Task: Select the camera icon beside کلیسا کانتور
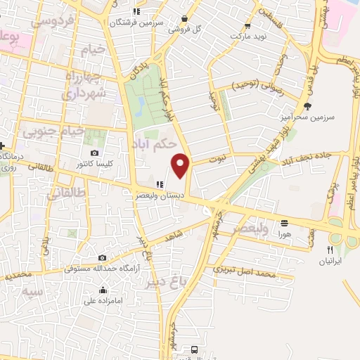[94, 153]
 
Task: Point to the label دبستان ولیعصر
[160, 198]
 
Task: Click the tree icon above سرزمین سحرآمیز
[307, 106]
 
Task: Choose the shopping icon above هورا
[284, 221]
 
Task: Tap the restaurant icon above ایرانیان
[329, 250]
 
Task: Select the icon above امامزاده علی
[103, 290]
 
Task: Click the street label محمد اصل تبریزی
[243, 271]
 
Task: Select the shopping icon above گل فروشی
[184, 19]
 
